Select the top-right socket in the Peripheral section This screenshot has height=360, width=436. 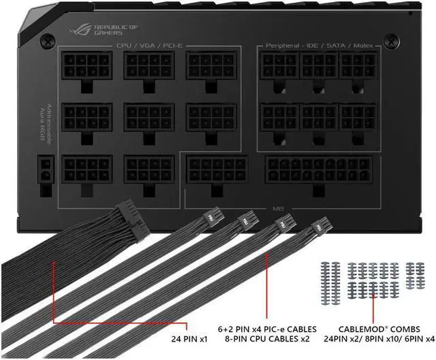click(x=358, y=67)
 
